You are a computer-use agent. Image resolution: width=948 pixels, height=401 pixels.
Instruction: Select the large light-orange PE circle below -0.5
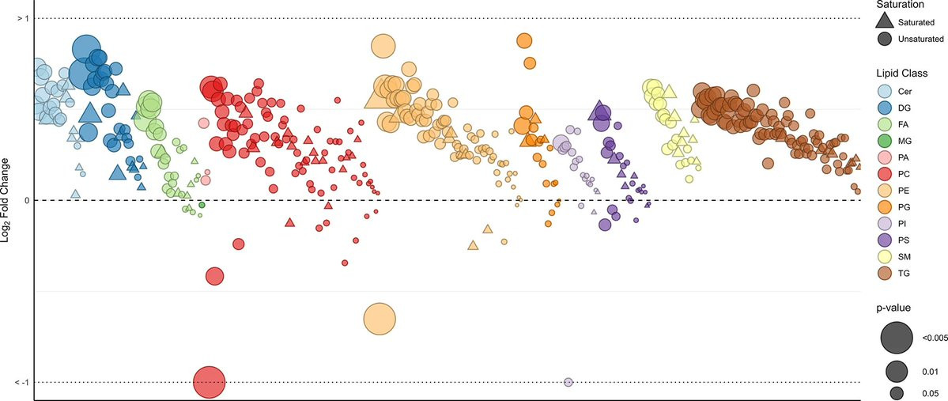[380, 319]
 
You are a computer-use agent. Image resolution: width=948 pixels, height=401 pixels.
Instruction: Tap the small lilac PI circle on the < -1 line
[568, 382]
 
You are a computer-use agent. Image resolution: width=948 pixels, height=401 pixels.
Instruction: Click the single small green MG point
[202, 205]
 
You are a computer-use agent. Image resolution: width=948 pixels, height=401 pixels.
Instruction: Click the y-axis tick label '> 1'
[23, 18]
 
